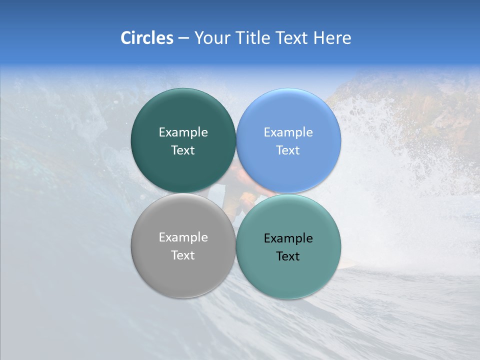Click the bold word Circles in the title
146,38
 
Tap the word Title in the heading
252,38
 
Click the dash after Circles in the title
183,38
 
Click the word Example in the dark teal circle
183,132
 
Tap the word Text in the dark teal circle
183,150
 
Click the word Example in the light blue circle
288,132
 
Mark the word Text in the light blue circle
288,150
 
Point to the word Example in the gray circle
183,237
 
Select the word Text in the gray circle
183,255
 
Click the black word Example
288,238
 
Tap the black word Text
288,256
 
